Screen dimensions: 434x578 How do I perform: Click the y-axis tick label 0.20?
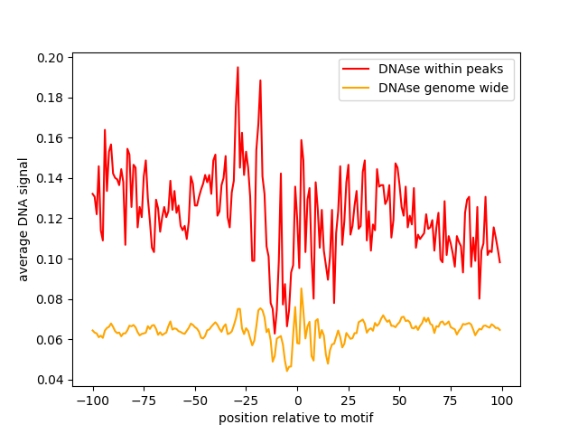click(51, 58)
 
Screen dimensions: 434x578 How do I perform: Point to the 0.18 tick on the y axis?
click(51, 98)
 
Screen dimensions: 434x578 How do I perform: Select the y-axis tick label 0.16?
click(51, 138)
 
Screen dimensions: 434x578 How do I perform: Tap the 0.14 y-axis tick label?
click(51, 178)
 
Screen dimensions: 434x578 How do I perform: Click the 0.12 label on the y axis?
click(51, 219)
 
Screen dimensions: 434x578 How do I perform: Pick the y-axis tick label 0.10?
click(51, 259)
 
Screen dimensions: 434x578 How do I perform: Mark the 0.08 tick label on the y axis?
click(51, 299)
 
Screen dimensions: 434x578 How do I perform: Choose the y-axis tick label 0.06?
click(51, 339)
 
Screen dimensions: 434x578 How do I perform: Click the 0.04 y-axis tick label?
click(51, 380)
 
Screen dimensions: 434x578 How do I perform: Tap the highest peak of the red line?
click(238, 67)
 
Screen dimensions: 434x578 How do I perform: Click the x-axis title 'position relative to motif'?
click(296, 418)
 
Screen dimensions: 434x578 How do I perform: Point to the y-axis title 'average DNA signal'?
click(23, 219)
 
